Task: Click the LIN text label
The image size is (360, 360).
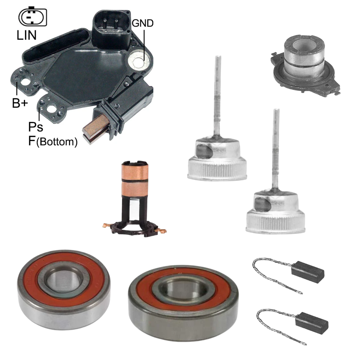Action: tap(26, 35)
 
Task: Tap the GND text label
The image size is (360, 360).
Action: tap(143, 23)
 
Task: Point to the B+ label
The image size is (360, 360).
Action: tap(20, 103)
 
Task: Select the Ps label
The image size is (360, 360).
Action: tap(36, 127)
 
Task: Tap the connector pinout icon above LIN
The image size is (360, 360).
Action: tap(33, 17)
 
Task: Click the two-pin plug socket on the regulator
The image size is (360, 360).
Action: tap(112, 28)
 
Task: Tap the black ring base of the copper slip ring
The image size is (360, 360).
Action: tap(134, 229)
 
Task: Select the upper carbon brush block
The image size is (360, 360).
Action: tap(308, 272)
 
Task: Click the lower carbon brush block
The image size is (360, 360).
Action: tap(312, 323)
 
